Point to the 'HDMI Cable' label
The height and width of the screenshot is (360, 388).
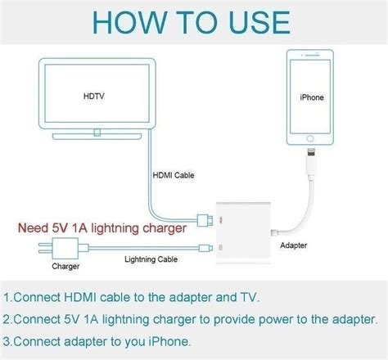pos(174,175)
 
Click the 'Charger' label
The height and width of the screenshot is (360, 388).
pos(65,266)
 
